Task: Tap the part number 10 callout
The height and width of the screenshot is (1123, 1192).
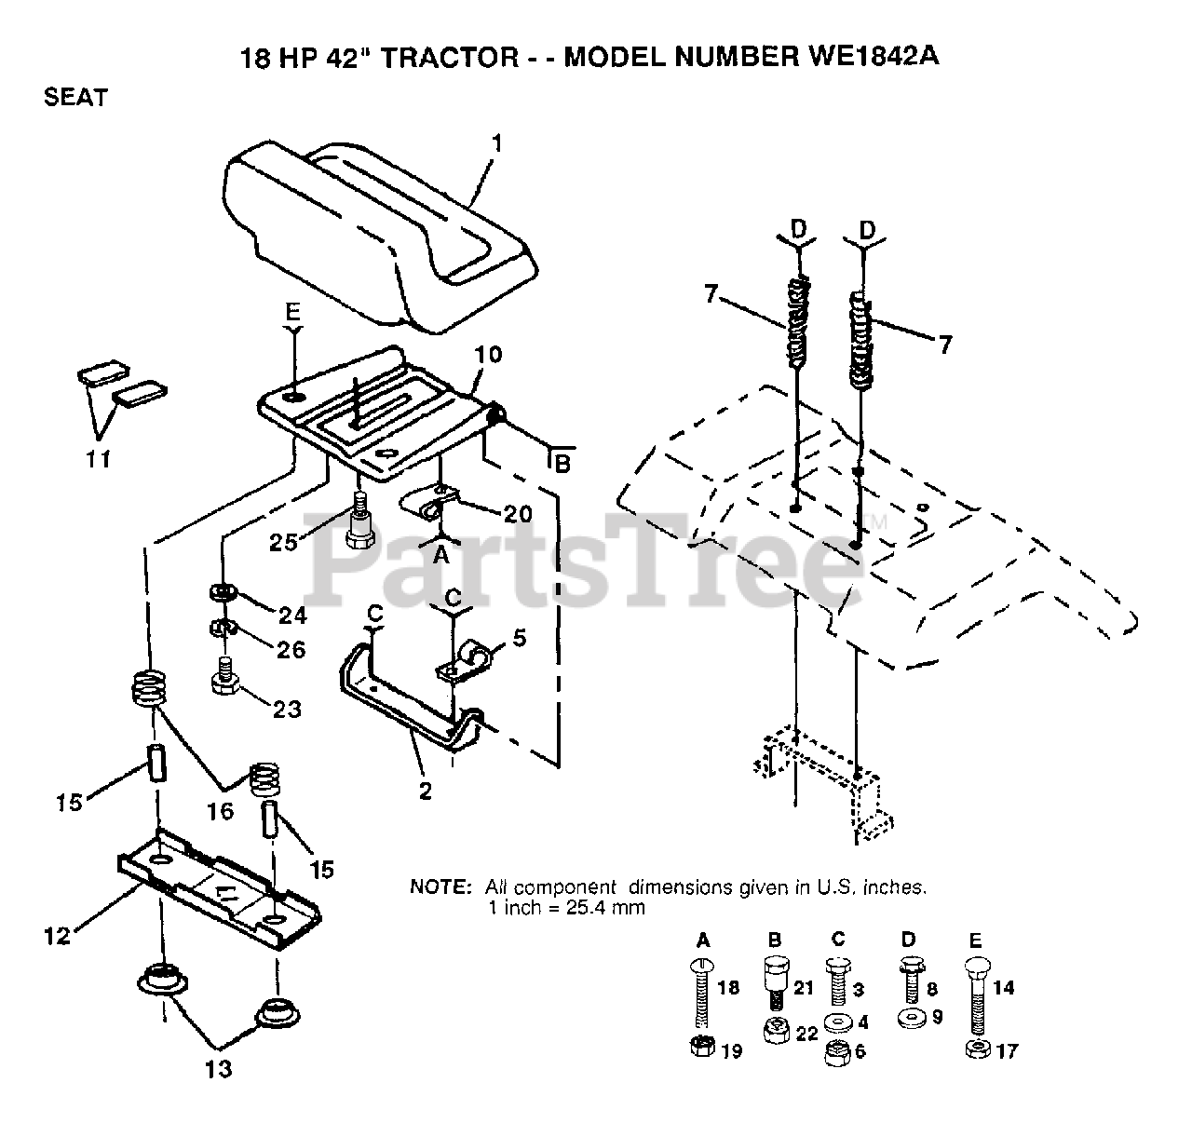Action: point(488,355)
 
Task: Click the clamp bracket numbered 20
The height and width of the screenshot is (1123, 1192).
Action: point(427,506)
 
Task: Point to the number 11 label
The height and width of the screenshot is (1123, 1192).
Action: point(99,459)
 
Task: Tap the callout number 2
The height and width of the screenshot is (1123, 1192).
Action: point(426,792)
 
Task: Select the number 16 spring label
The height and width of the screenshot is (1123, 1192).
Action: point(220,812)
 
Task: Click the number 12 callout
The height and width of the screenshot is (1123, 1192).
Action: point(58,935)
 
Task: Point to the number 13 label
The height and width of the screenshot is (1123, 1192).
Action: point(218,1069)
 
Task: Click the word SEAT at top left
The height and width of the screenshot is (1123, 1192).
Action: point(76,97)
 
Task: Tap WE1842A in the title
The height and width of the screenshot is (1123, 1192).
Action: point(867,57)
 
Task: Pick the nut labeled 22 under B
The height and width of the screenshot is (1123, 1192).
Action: point(774,1032)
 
